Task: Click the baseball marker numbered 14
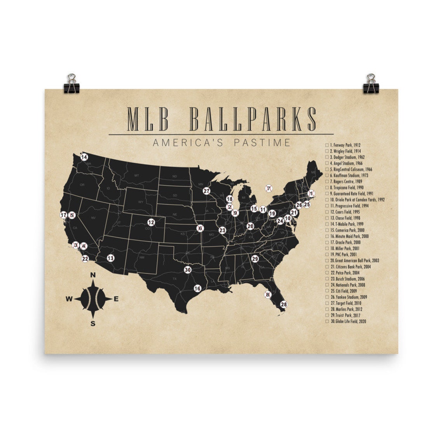coord(84,157)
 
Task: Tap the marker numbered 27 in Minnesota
coord(206,191)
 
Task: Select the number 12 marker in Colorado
coord(151,222)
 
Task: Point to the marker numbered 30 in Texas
coord(188,270)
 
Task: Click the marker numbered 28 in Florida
coord(284,304)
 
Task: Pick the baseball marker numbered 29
coord(255,259)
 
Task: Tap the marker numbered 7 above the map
coord(269,189)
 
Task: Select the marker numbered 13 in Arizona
coord(111,258)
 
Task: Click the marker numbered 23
coord(222,230)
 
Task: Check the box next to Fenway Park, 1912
coord(327,145)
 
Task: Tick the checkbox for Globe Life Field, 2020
coord(327,322)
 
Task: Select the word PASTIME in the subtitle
coord(262,143)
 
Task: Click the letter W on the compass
coord(69,299)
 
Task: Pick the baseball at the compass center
coord(93,299)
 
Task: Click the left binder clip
coord(72,84)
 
